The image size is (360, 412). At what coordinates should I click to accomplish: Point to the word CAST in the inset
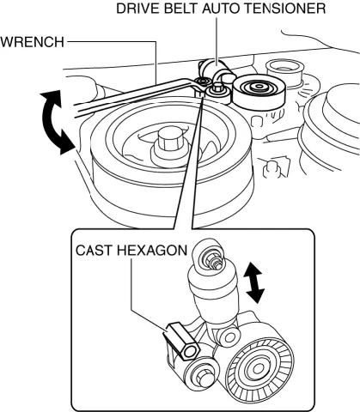89,250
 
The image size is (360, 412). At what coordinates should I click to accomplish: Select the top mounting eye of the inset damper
211,257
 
